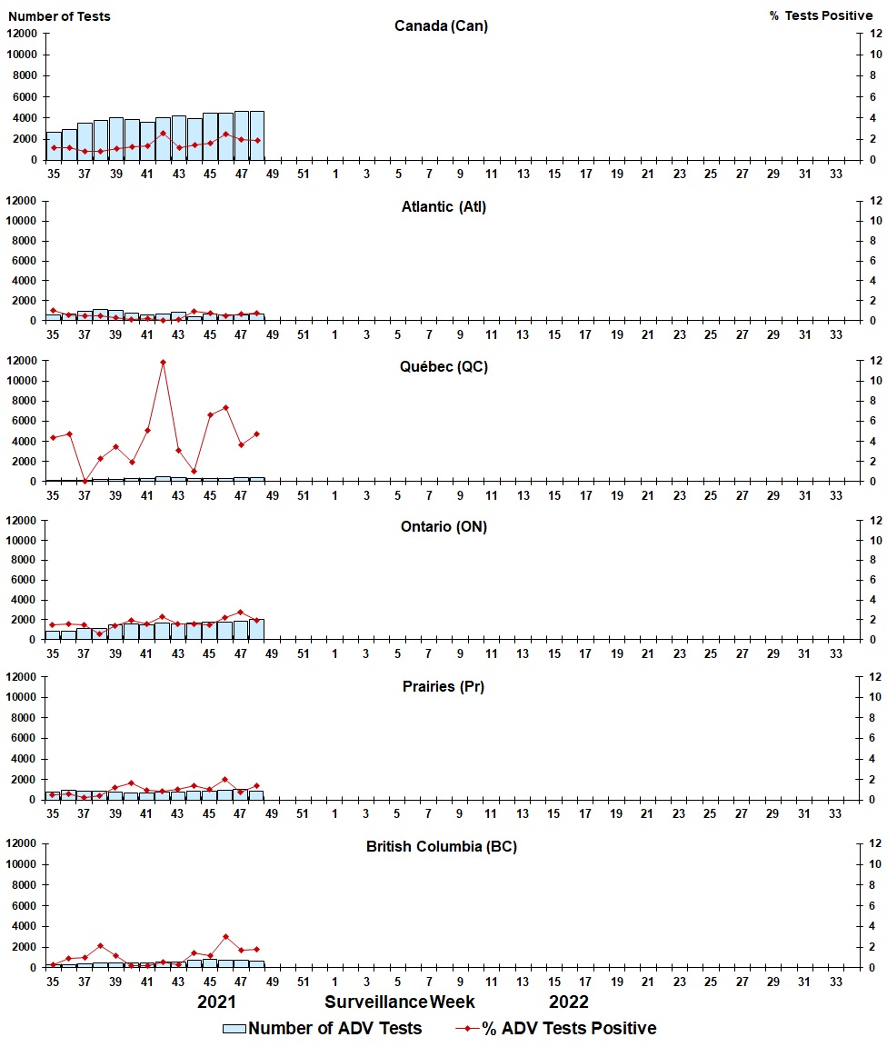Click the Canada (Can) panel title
[441, 25]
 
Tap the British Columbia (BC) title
[442, 846]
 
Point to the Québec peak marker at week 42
[163, 362]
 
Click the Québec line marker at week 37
[85, 481]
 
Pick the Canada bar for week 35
[54, 146]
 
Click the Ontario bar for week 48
[257, 629]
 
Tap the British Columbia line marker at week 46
[225, 936]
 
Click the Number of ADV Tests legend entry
[323, 1028]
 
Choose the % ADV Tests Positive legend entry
[556, 1028]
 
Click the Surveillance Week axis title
[400, 1002]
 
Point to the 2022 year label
[568, 1002]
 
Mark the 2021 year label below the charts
[217, 1002]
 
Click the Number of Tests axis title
[59, 16]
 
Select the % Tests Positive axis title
[820, 16]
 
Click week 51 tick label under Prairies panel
[304, 814]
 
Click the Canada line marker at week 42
[163, 134]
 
